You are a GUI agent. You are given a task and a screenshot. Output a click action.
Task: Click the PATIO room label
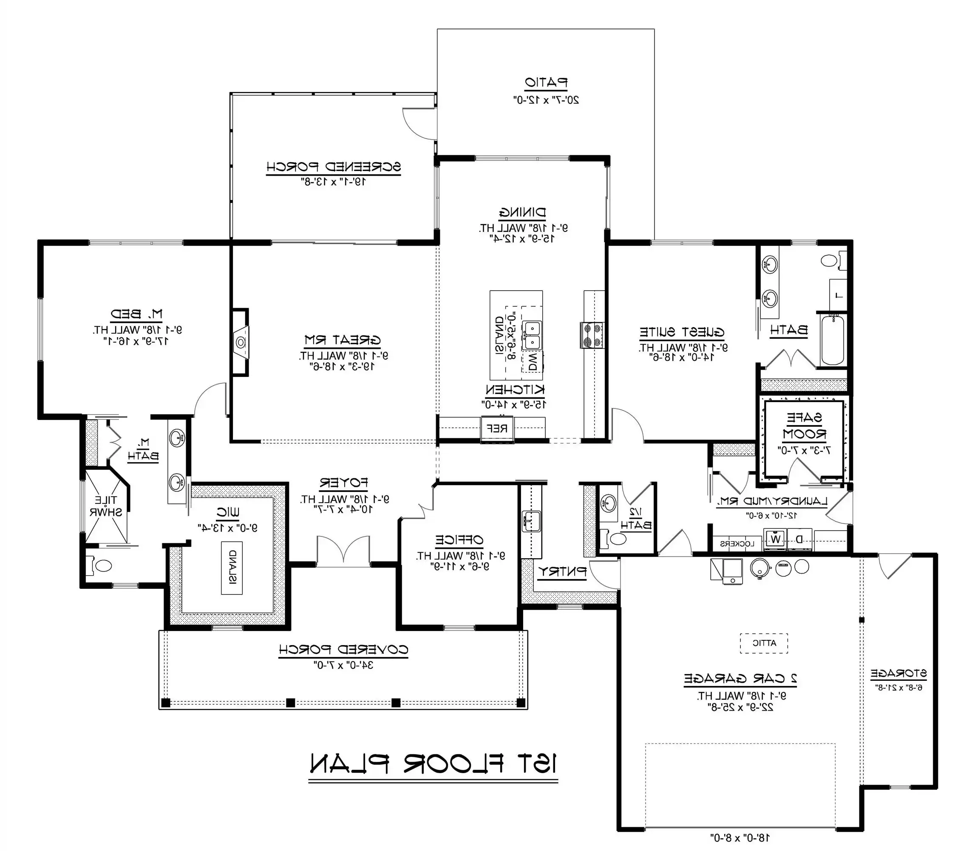click(546, 83)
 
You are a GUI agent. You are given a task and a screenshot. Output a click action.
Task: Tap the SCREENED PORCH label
click(334, 167)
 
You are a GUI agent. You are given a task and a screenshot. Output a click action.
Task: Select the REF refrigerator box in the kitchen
click(497, 428)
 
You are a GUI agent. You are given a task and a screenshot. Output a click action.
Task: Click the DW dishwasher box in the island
click(532, 361)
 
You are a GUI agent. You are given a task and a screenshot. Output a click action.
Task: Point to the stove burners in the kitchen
click(592, 335)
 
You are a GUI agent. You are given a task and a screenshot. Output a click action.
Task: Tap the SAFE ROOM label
click(804, 426)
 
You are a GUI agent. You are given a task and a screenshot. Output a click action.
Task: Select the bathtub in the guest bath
click(832, 340)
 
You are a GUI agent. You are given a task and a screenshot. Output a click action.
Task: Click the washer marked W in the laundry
click(775, 540)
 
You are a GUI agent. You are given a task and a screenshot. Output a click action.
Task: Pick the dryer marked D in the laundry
click(799, 540)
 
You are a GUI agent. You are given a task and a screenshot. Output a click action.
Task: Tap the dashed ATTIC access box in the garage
click(764, 643)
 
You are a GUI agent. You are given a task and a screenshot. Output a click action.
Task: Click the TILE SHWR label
click(106, 506)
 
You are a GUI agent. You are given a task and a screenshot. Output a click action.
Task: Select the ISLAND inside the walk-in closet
click(232, 568)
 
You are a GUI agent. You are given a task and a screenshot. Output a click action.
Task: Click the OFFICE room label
click(459, 540)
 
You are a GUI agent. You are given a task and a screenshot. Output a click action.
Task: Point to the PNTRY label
click(562, 572)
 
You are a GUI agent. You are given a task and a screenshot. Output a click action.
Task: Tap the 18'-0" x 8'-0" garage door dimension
click(740, 837)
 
